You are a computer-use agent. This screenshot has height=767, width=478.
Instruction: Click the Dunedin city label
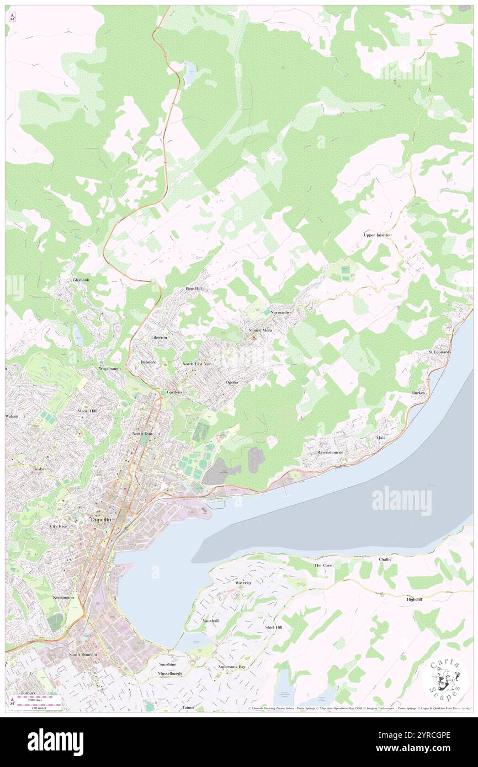102,519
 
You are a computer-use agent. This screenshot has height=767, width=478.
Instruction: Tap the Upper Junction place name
378,235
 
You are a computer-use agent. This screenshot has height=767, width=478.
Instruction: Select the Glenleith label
81,280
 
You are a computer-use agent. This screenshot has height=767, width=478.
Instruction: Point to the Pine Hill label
193,289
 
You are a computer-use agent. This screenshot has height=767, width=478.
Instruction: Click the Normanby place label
280,312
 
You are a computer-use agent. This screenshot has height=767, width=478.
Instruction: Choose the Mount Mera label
260,330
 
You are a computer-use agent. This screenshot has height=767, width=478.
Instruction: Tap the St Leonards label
440,351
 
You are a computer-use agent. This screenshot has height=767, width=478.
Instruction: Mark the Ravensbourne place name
331,452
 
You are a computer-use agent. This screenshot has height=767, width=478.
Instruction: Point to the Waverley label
243,583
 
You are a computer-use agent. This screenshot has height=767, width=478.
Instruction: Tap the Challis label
385,559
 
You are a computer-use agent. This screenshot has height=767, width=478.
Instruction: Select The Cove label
323,566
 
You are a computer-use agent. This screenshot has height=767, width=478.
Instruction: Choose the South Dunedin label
83,654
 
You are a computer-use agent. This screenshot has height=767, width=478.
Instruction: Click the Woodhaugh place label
109,368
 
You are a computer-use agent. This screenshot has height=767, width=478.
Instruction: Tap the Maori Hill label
86,411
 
